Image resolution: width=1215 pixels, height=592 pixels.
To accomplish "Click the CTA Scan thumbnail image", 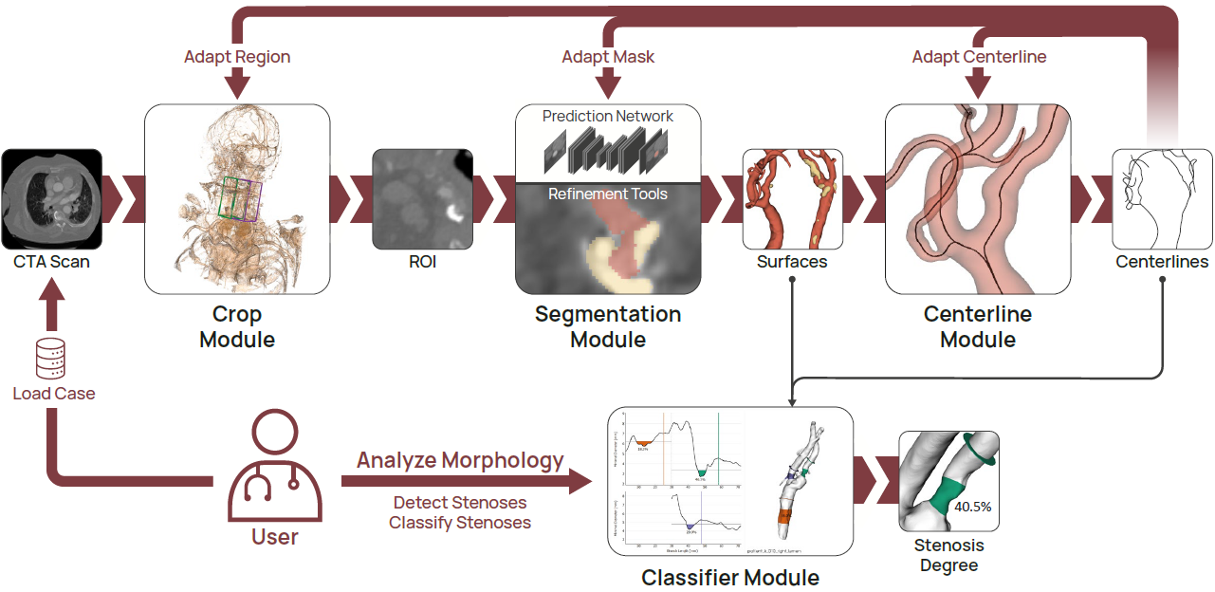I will click(52, 198).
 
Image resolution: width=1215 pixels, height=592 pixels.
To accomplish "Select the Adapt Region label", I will click(237, 57).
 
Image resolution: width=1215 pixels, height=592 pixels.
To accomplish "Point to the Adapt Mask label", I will click(608, 57).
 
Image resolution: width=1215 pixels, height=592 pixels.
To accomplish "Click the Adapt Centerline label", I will click(979, 57).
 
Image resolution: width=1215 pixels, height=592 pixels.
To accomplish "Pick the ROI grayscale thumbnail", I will click(422, 198).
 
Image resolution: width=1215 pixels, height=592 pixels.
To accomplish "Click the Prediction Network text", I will click(608, 116).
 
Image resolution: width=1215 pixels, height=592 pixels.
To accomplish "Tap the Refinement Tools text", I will click(608, 194).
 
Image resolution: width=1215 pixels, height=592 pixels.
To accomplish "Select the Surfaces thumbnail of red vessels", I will click(792, 198).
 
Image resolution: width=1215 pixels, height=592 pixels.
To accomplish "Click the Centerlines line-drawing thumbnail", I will click(1162, 198).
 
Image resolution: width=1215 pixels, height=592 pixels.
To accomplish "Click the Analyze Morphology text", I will click(460, 461).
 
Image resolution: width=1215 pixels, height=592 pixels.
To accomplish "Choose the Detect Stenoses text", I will click(460, 502).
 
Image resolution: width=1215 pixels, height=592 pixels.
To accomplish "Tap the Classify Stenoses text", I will click(460, 522).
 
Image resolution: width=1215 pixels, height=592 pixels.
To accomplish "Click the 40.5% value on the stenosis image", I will click(972, 507).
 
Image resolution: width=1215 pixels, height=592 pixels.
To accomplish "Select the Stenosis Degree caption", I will click(948, 555).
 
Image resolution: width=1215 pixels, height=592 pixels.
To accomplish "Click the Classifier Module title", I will click(730, 577).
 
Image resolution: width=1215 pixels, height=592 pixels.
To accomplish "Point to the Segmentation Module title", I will click(608, 325).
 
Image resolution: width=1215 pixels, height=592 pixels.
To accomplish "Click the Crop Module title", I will click(237, 325).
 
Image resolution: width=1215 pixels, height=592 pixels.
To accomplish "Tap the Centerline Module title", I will click(978, 325).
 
